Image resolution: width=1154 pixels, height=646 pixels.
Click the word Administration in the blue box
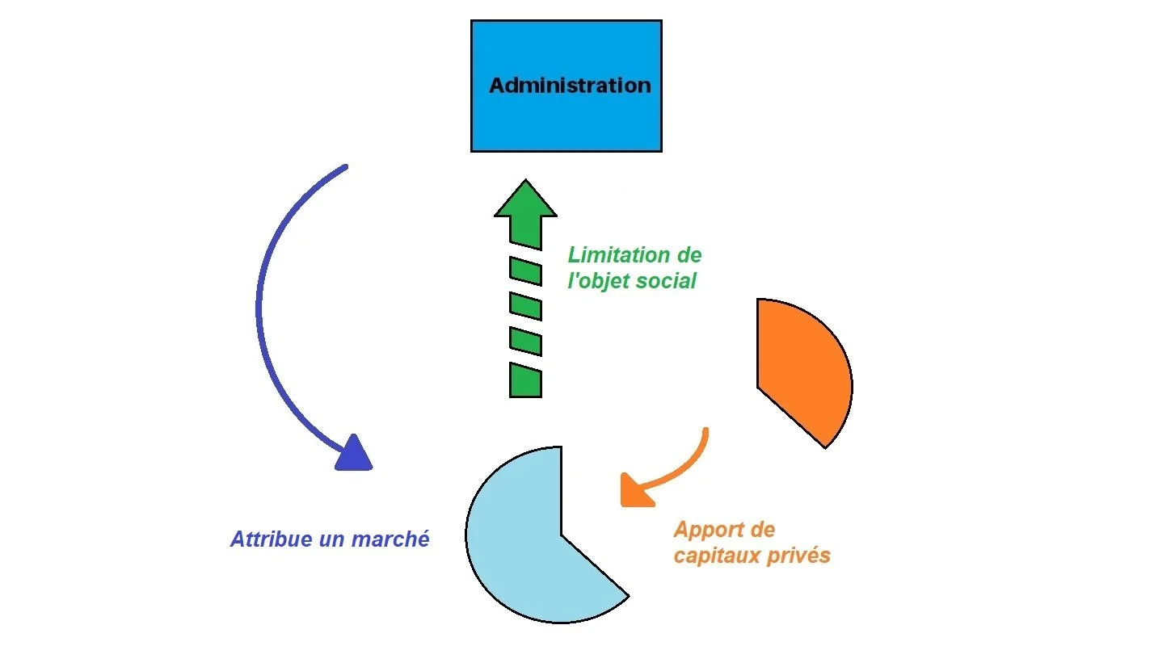570,86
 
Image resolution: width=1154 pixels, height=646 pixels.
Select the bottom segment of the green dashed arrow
525,380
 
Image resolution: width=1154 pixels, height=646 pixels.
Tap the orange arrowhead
635,492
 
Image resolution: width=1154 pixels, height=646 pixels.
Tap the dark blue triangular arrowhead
354,454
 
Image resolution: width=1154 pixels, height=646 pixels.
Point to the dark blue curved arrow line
261,307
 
